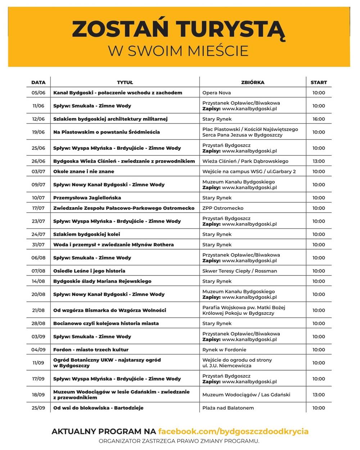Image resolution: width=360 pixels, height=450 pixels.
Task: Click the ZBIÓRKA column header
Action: click(253, 82)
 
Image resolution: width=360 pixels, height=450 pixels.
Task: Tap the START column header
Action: click(319, 82)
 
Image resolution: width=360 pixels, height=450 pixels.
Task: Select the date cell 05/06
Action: click(39, 93)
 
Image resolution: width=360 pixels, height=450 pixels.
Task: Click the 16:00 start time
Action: click(319, 119)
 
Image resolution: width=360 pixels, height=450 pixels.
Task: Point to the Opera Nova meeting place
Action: click(217, 93)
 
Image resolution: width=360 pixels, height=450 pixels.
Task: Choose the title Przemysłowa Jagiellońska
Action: click(87, 198)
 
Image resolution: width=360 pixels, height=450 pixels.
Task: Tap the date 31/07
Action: click(39, 245)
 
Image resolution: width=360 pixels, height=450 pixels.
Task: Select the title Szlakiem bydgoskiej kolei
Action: click(87, 235)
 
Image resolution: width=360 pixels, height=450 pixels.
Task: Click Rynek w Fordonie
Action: click(224, 350)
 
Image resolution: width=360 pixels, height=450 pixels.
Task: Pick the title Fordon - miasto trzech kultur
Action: click(91, 350)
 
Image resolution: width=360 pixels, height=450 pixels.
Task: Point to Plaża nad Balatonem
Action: click(228, 408)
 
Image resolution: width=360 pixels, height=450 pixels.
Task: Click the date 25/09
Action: click(39, 408)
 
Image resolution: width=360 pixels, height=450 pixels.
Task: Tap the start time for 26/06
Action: click(319, 161)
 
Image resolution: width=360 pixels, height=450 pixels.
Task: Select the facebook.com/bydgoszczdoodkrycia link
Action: click(233, 431)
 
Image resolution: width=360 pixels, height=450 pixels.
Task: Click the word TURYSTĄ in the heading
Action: click(230, 29)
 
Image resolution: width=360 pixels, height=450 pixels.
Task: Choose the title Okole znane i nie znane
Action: click(84, 172)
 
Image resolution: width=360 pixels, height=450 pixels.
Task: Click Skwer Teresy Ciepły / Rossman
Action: click(239, 271)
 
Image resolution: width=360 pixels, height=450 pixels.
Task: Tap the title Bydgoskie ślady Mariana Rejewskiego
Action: click(102, 281)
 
